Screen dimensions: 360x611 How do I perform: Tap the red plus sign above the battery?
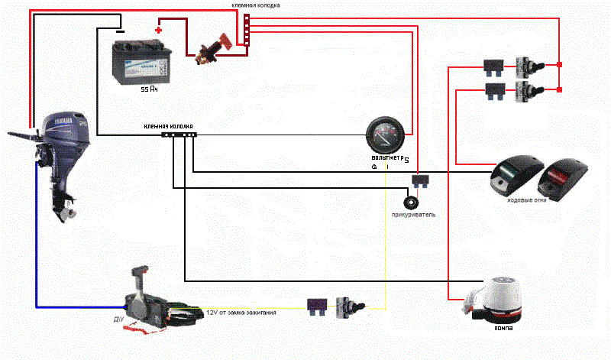tap(158, 30)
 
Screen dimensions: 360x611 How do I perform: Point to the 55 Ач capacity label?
tap(149, 89)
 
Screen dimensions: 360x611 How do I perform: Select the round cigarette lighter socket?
tap(412, 203)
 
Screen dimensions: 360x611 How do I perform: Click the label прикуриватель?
tap(412, 216)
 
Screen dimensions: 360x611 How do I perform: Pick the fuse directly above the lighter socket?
tap(419, 180)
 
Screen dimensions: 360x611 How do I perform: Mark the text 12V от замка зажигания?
tap(241, 313)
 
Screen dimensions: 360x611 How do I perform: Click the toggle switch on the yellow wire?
tap(351, 308)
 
